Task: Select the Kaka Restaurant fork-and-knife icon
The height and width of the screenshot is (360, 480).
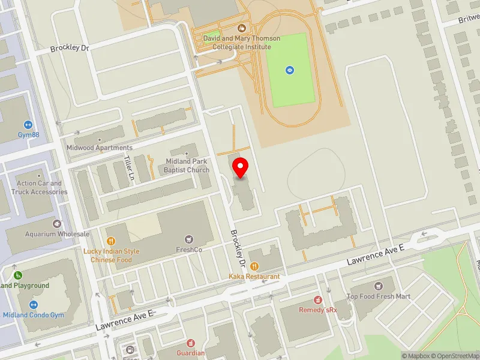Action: [254, 266]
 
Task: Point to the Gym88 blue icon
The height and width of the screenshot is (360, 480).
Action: [28, 124]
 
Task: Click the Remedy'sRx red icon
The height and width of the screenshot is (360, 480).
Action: [318, 299]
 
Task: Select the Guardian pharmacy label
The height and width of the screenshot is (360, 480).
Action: [190, 353]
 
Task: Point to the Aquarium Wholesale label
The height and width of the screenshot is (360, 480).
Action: [57, 234]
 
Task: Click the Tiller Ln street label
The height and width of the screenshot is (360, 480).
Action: [128, 168]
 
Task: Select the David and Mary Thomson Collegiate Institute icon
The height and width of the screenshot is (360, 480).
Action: [242, 28]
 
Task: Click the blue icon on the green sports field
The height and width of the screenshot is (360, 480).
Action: [290, 70]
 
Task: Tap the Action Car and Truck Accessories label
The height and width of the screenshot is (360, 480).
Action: [39, 188]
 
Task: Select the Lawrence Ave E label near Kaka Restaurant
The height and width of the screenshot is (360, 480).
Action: [377, 256]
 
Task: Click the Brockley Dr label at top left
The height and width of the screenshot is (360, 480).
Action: [70, 48]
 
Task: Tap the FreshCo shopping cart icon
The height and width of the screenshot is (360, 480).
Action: [190, 239]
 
